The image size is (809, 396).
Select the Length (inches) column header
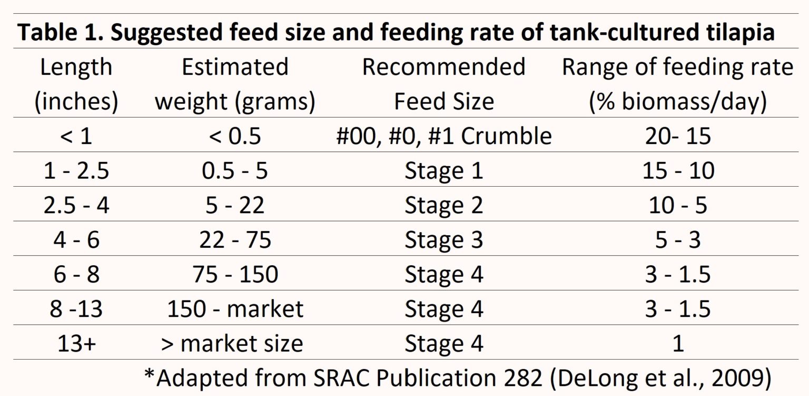click(x=76, y=84)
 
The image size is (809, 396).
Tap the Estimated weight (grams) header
click(x=235, y=84)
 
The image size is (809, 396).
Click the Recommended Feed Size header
click(x=443, y=84)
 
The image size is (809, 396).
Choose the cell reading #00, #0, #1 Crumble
click(x=443, y=136)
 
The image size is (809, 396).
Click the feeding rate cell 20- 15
click(x=678, y=136)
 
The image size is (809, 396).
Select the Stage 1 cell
click(x=443, y=171)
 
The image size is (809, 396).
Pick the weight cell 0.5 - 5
click(x=235, y=171)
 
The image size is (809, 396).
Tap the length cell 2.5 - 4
click(x=76, y=206)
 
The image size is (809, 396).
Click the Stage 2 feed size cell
click(x=443, y=206)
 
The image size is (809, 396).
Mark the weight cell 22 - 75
click(x=235, y=240)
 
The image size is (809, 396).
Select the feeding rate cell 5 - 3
click(x=678, y=240)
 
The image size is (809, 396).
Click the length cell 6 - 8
click(x=76, y=275)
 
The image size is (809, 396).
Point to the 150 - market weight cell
click(x=235, y=309)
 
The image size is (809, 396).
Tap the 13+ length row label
click(x=76, y=344)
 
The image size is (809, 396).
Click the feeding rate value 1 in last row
click(x=678, y=344)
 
